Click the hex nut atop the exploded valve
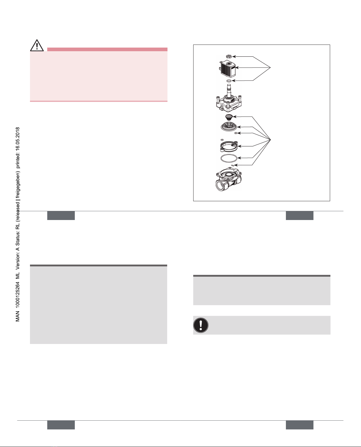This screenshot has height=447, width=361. click(229, 56)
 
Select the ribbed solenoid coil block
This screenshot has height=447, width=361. click(227, 68)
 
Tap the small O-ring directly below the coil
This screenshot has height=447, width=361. click(229, 81)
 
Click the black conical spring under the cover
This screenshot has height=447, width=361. click(229, 117)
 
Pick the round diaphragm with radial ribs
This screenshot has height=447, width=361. click(229, 127)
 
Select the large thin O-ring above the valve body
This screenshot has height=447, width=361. click(229, 158)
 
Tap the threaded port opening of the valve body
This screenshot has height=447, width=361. click(220, 185)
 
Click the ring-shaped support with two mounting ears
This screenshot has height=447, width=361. click(229, 146)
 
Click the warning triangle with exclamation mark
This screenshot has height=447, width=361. click(37, 45)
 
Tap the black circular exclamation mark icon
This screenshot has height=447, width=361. click(200, 325)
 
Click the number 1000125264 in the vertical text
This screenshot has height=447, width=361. click(18, 294)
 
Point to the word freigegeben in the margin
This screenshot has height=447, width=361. click(18, 185)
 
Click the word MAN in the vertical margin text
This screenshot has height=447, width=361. click(18, 316)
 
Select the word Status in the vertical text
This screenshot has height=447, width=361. click(18, 239)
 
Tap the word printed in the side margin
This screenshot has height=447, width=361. click(18, 160)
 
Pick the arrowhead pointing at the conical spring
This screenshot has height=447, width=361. click(235, 116)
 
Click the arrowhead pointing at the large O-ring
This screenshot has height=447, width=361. click(239, 158)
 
